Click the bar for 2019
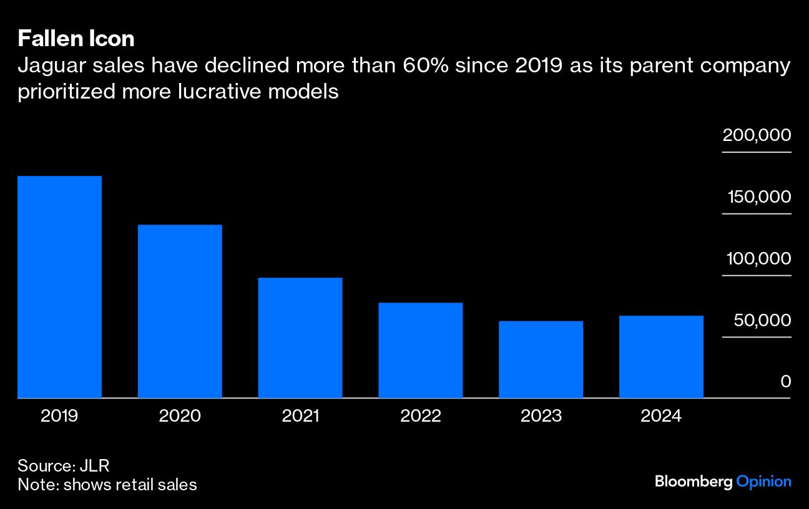click(x=59, y=287)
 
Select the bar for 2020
click(x=180, y=311)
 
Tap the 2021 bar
click(x=300, y=337)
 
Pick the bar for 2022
click(x=421, y=350)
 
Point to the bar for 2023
click(x=541, y=359)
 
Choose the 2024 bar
click(x=661, y=357)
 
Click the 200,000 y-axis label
click(x=757, y=135)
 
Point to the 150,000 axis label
click(x=758, y=197)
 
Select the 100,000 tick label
click(x=758, y=258)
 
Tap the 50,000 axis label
click(x=762, y=320)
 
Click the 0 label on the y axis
click(x=786, y=381)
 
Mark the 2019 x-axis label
click(x=59, y=416)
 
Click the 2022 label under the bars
click(x=421, y=416)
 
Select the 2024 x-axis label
click(x=661, y=416)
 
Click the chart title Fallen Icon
click(x=76, y=39)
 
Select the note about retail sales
click(x=107, y=484)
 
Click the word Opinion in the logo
click(x=763, y=482)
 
